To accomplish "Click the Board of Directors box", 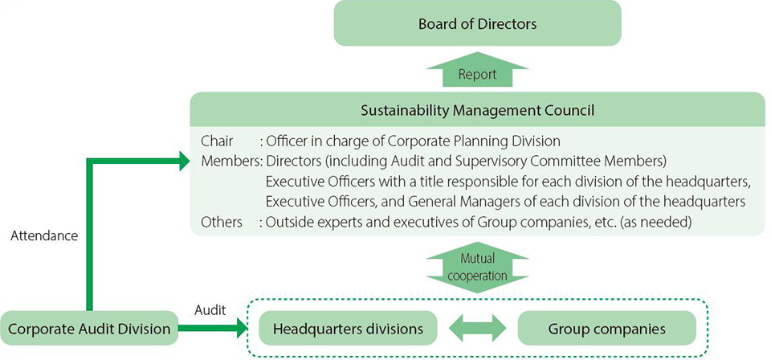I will (477, 23).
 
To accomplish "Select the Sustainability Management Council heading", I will (477, 108).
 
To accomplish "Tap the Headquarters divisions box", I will (347, 329).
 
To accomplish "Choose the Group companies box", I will (606, 329).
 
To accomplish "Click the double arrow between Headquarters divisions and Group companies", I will (477, 329).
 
